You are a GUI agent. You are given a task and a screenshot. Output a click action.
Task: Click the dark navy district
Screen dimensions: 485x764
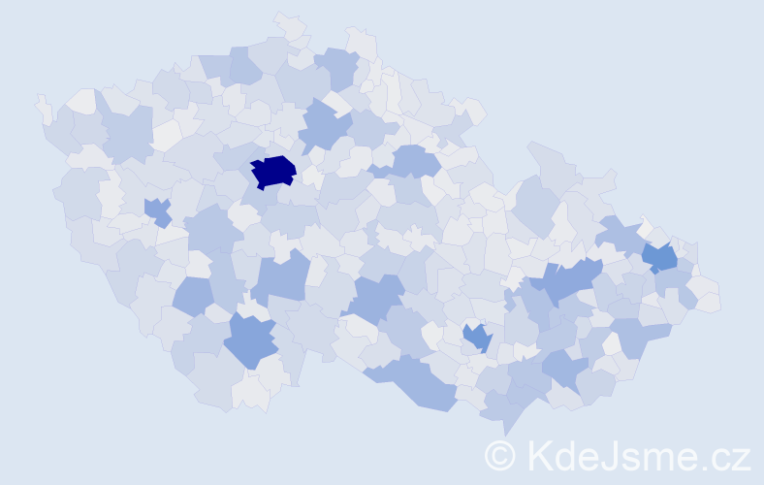point(272,172)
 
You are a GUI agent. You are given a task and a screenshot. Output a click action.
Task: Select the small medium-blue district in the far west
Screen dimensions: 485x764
point(157,210)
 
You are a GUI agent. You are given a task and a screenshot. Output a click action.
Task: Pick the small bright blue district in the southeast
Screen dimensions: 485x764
point(477,338)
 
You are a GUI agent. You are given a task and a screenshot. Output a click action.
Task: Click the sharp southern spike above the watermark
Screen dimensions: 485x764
point(505,427)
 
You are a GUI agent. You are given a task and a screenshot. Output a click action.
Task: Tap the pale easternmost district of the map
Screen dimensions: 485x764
point(707,295)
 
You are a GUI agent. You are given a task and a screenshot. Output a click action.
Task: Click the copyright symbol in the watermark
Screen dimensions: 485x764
point(500,455)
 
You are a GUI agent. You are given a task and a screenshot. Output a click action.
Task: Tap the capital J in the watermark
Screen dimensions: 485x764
point(606,455)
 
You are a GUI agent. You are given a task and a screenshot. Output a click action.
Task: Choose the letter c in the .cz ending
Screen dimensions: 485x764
point(717,458)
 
